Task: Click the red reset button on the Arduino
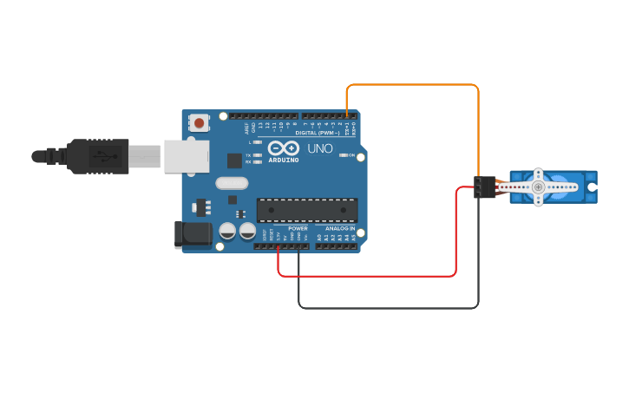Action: pyautogui.click(x=200, y=123)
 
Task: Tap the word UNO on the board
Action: pyautogui.click(x=320, y=148)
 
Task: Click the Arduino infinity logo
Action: pyautogui.click(x=283, y=147)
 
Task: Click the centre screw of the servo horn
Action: pyautogui.click(x=538, y=187)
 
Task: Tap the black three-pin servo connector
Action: pyautogui.click(x=484, y=187)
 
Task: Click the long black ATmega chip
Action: pyautogui.click(x=307, y=210)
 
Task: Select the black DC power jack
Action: pyautogui.click(x=193, y=234)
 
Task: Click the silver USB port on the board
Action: pyautogui.click(x=187, y=156)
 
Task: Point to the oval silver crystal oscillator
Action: pyautogui.click(x=232, y=183)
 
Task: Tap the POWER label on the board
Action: pyautogui.click(x=298, y=228)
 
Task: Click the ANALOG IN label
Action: pyautogui.click(x=340, y=228)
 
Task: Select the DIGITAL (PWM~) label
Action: pyautogui.click(x=318, y=133)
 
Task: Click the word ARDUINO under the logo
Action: pyautogui.click(x=283, y=160)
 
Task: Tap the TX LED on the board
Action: pyautogui.click(x=258, y=154)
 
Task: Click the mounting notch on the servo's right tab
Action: pyautogui.click(x=592, y=187)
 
